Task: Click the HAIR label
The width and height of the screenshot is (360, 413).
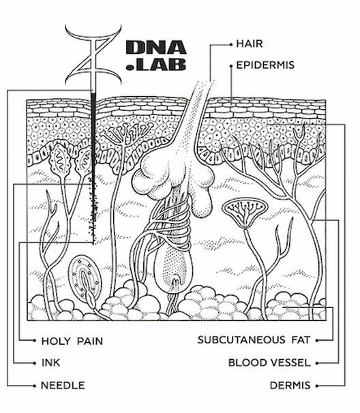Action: coord(250,44)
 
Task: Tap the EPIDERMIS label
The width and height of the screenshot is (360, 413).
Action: coord(265,65)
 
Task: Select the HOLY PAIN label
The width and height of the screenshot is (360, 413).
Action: coord(72,341)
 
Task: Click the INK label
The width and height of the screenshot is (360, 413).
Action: coord(51,363)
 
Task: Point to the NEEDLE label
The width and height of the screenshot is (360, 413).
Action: coord(63,385)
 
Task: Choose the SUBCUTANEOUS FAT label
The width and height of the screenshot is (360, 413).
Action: coord(254,340)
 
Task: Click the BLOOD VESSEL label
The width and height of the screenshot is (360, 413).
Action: coord(269,363)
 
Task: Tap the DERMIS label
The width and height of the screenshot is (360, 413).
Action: coord(290,385)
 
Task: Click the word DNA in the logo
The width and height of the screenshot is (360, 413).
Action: coord(156,48)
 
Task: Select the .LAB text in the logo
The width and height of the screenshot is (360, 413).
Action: coord(156,64)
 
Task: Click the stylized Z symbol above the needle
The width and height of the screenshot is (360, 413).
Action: coord(93,55)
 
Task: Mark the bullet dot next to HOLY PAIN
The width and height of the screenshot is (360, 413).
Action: coord(35,341)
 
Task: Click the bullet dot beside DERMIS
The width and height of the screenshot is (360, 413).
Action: coord(317,386)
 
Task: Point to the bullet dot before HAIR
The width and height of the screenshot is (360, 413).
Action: coord(231,45)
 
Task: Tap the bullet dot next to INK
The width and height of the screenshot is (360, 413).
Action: coord(35,363)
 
